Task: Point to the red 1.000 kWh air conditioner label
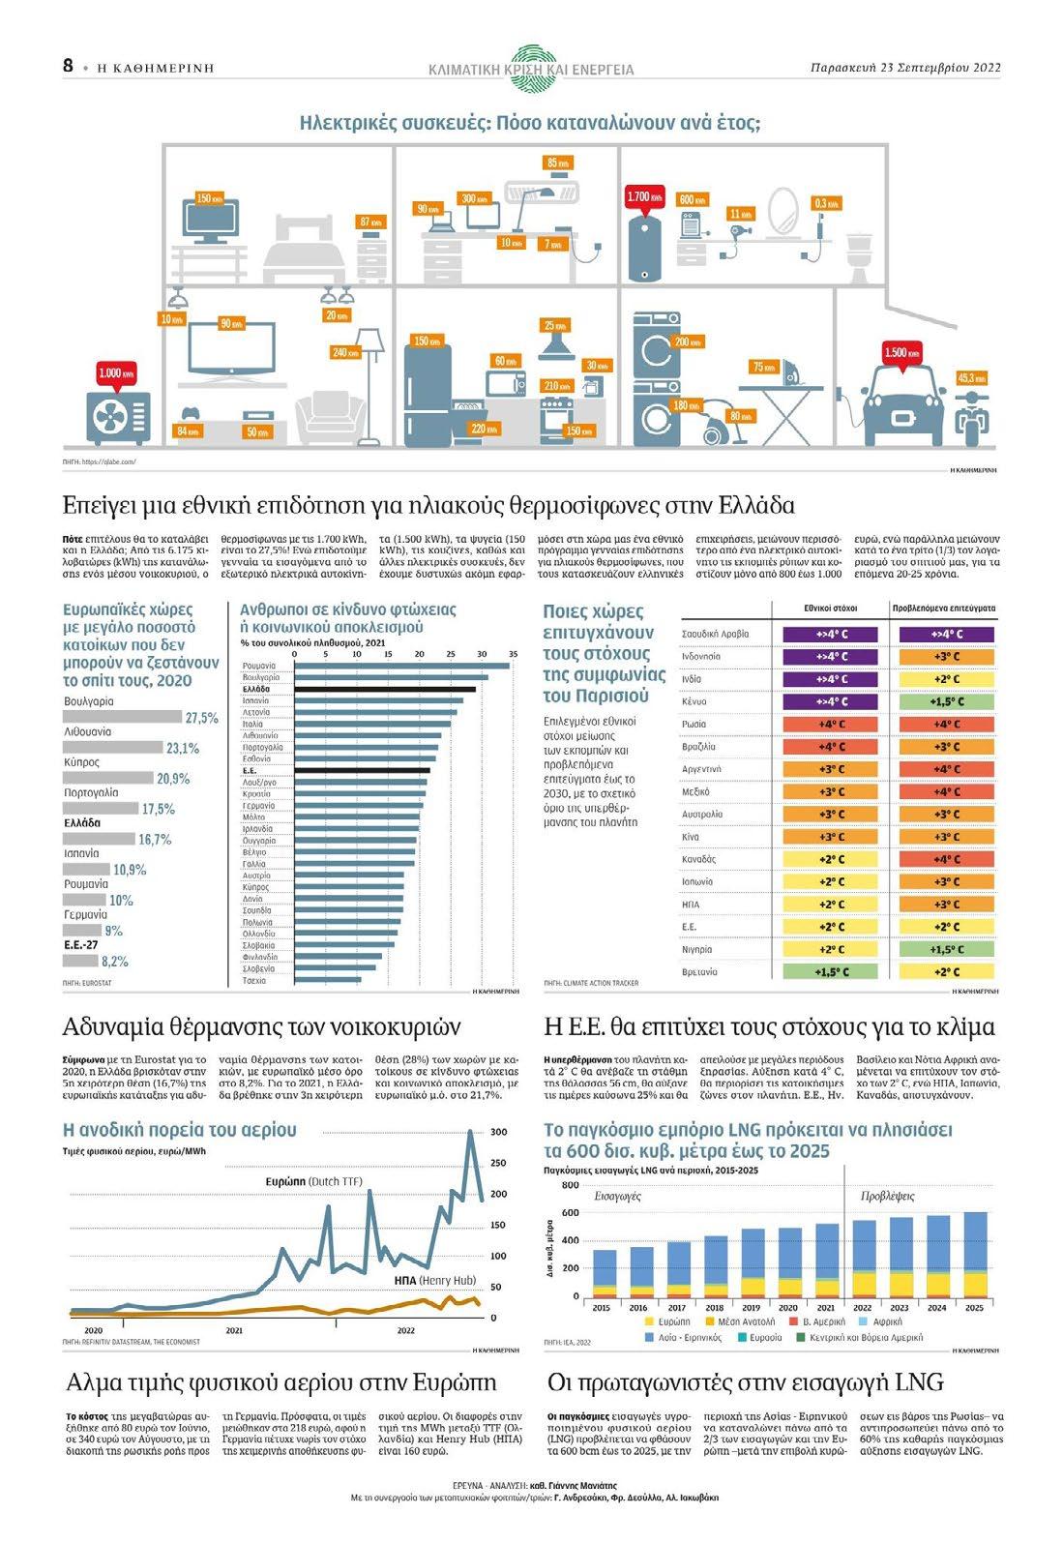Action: click(116, 373)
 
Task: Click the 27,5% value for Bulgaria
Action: click(201, 718)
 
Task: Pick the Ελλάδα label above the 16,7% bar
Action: click(82, 823)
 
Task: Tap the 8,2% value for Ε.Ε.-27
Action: click(114, 962)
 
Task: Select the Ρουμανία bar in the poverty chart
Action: click(400, 666)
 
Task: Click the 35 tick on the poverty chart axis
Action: click(512, 655)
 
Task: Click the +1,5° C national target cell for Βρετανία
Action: click(831, 972)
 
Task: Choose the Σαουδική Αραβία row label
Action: click(715, 635)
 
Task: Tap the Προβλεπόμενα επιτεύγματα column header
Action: click(942, 609)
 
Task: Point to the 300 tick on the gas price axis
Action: click(499, 1132)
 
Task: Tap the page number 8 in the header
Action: click(68, 66)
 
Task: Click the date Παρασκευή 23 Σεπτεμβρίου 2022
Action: click(904, 68)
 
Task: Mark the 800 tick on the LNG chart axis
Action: click(570, 1185)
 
